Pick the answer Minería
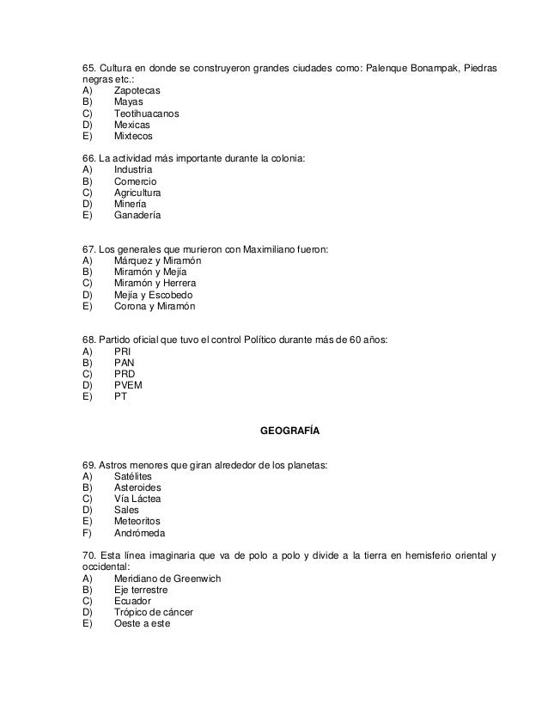tap(130, 205)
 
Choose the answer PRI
tap(123, 352)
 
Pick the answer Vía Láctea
tap(137, 499)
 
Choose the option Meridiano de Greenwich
tap(167, 578)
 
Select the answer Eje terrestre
tap(141, 591)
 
